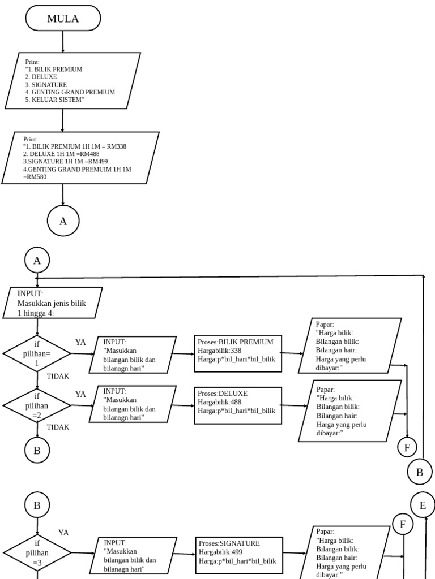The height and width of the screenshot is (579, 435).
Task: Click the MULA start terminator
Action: pyautogui.click(x=63, y=19)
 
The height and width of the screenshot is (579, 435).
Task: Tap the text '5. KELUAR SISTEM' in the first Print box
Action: pyautogui.click(x=58, y=100)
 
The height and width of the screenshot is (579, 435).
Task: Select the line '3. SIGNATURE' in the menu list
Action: pyautogui.click(x=50, y=84)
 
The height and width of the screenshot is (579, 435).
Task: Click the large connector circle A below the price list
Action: pyautogui.click(x=63, y=221)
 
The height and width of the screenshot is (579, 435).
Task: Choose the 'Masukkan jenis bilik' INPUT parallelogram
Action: pyautogui.click(x=53, y=303)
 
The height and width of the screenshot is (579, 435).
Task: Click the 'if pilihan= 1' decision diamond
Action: pyautogui.click(x=37, y=354)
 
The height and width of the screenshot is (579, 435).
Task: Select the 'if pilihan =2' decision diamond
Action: pyautogui.click(x=37, y=405)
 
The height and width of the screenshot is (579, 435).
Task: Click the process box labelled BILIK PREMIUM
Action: pyautogui.click(x=237, y=354)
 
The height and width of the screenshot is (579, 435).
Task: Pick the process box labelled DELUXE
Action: pyautogui.click(x=237, y=405)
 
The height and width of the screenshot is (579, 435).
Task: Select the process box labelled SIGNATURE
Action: pyautogui.click(x=238, y=552)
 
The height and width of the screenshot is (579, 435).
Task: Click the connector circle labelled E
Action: pyautogui.click(x=423, y=505)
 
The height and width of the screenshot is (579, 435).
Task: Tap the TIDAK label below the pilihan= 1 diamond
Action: pyautogui.click(x=58, y=376)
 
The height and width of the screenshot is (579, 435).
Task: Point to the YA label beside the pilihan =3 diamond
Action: pyautogui.click(x=63, y=533)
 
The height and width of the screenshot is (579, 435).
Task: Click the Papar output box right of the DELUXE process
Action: pyautogui.click(x=350, y=411)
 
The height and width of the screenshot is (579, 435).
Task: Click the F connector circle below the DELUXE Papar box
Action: pyautogui.click(x=407, y=448)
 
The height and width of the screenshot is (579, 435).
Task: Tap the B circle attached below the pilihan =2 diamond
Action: pyautogui.click(x=37, y=450)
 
